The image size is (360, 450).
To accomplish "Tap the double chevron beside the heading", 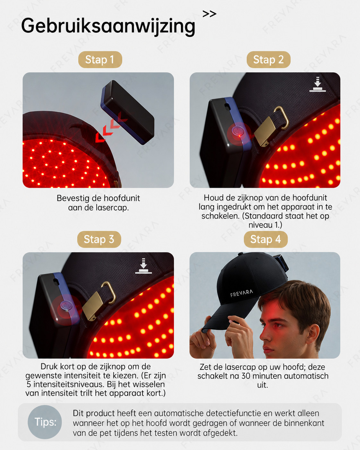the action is [209, 14].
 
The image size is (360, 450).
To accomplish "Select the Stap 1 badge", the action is [100, 60].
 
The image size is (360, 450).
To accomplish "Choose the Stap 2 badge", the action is [269, 60].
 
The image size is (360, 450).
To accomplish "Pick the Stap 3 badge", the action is [99, 239].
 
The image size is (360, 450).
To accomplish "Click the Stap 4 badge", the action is [266, 239].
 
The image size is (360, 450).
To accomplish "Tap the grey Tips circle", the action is [45, 422].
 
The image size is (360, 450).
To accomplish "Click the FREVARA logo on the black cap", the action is [242, 293].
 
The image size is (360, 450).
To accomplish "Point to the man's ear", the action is [313, 334].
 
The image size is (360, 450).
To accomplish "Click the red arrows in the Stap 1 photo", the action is [111, 127].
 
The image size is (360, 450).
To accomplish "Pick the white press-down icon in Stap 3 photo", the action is [144, 266].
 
